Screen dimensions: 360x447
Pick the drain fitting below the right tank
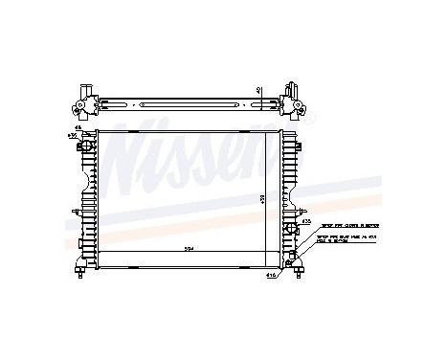point(303,270)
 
